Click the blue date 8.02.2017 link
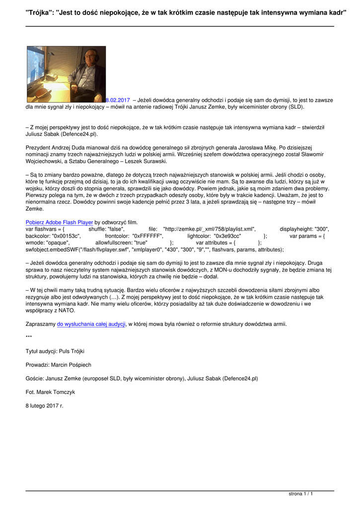coord(118,100)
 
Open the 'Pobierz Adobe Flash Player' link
coord(59,222)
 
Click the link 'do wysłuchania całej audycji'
coord(91,324)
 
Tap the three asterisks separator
coord(28,337)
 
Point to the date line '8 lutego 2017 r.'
coord(45,405)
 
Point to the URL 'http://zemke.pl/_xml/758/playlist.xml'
coord(209,229)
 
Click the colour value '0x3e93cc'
coord(227,236)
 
